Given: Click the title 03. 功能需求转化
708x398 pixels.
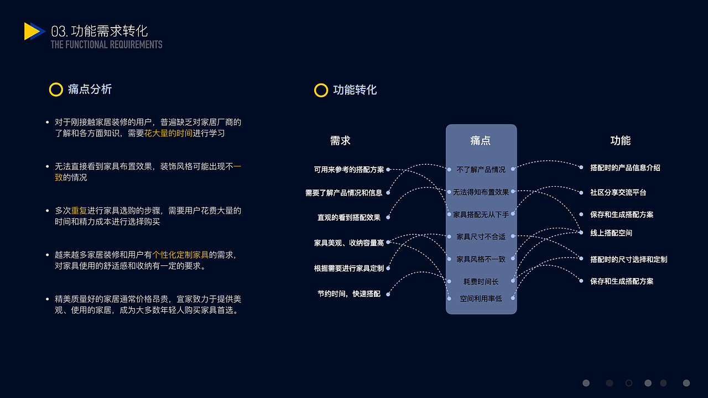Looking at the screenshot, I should (100, 31).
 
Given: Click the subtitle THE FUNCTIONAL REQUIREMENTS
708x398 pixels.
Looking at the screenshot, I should (106, 45).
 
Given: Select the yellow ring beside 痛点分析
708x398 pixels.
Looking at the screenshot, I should (56, 90).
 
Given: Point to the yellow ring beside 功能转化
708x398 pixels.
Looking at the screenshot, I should (321, 90).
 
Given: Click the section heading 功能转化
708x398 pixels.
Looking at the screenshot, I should (355, 90).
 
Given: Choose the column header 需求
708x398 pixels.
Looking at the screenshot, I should (340, 141).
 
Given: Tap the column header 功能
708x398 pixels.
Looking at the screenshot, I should (620, 141).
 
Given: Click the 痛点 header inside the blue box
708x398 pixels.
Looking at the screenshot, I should (480, 141).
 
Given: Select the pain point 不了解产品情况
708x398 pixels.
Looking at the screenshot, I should (481, 170).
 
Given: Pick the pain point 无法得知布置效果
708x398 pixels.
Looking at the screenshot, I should (481, 192).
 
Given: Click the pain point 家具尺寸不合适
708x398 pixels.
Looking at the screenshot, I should (481, 237).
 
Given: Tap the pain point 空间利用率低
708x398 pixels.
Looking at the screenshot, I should (481, 298).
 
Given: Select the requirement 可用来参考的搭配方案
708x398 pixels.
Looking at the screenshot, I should (348, 170).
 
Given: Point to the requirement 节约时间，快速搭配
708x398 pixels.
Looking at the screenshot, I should (348, 294).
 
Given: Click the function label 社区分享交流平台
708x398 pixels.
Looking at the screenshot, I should (618, 192).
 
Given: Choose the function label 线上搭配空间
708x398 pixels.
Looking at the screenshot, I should (611, 233).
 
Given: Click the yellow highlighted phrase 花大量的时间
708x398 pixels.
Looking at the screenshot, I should (169, 133).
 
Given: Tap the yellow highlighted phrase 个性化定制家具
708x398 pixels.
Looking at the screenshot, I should (180, 255).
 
